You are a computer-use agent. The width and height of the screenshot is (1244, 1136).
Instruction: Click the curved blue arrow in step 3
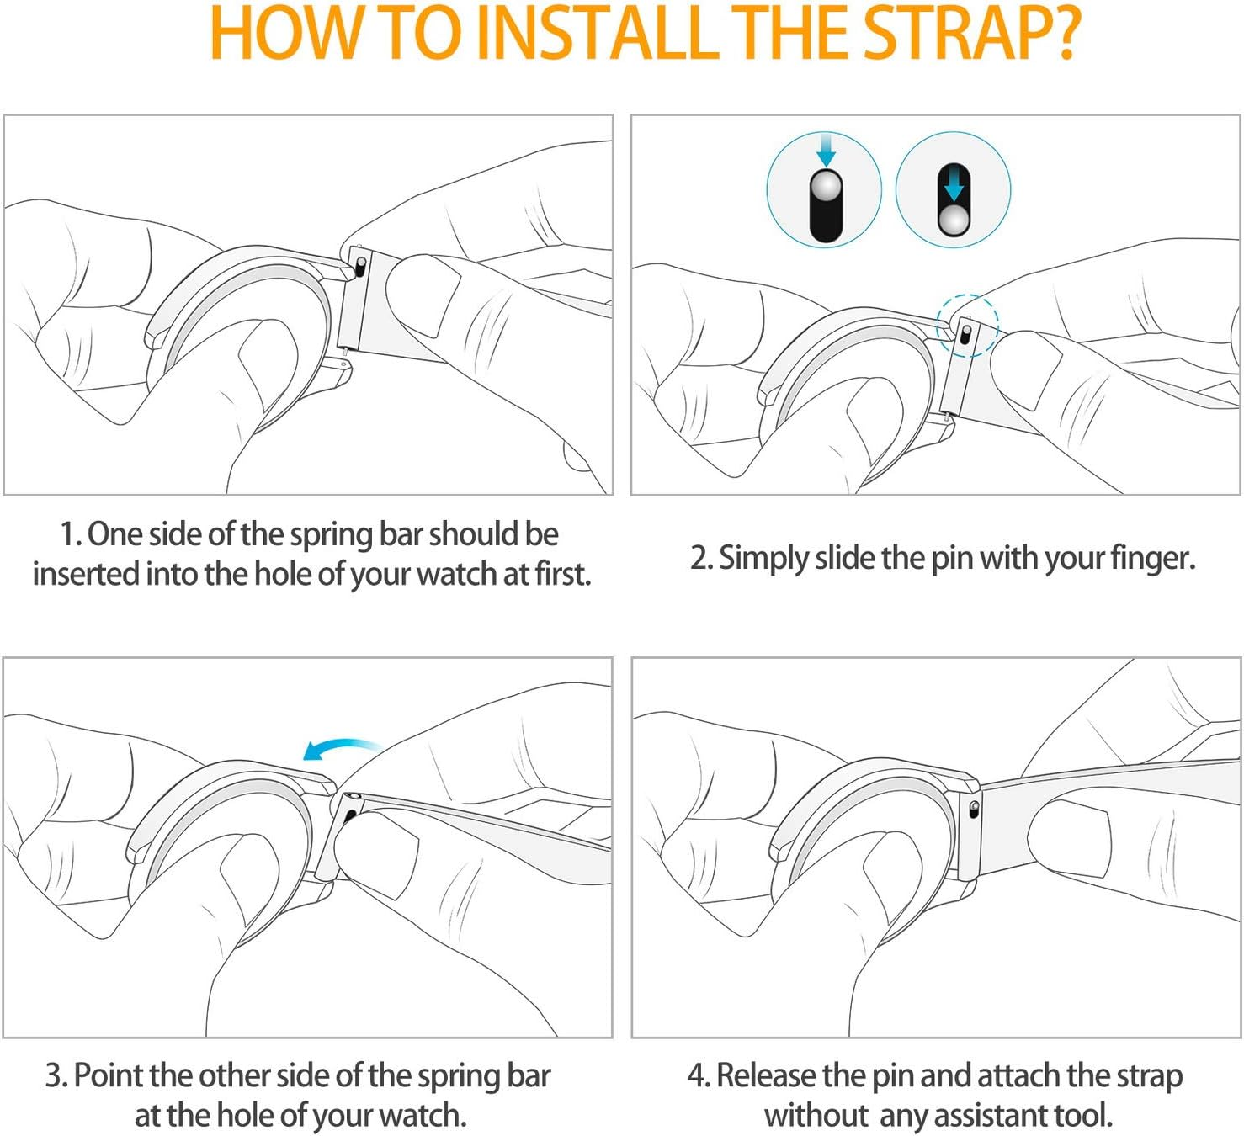[x=342, y=748]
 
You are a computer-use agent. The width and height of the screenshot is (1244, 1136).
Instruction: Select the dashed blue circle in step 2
[x=967, y=325]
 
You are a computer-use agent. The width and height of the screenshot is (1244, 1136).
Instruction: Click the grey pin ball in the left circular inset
[x=827, y=186]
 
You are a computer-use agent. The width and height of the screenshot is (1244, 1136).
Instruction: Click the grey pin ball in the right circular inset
[x=954, y=220]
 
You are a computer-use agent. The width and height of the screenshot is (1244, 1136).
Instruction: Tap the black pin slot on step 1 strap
[x=360, y=268]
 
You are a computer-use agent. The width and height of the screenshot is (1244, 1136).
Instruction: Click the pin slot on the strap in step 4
[x=974, y=809]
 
